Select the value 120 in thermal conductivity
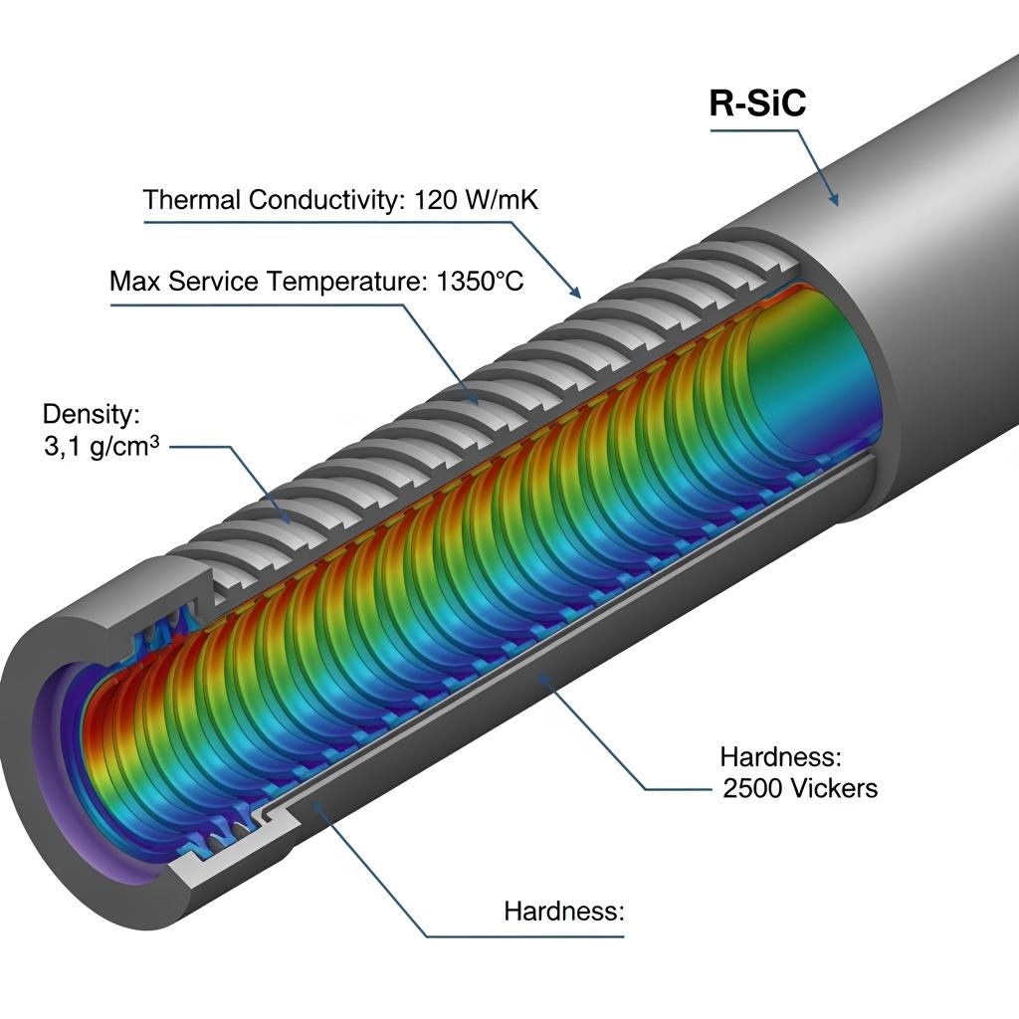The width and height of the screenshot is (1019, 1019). click(x=432, y=199)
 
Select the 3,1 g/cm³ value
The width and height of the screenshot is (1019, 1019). click(x=97, y=448)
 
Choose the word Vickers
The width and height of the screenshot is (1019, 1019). click(x=836, y=789)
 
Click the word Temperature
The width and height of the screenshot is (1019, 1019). click(x=348, y=282)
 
